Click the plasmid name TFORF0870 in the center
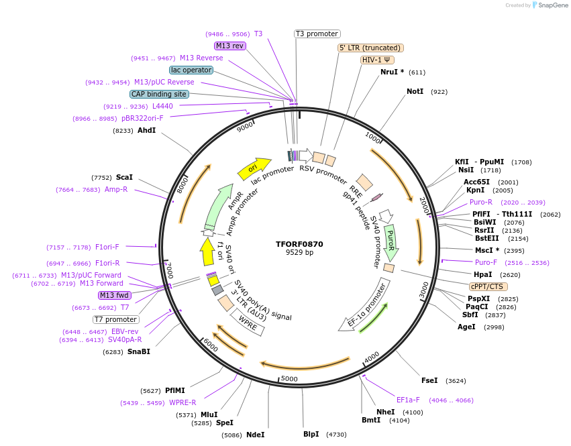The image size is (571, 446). tap(299, 244)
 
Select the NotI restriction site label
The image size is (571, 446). tap(415, 91)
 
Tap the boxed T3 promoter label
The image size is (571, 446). tap(317, 34)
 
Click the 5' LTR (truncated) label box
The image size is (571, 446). tap(370, 48)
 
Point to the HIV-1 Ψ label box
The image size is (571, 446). tap(377, 60)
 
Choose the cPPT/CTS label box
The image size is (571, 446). tap(487, 286)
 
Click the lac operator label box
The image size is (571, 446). tap(191, 70)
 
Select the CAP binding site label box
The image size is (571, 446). tap(159, 95)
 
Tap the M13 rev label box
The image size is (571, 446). tap(230, 46)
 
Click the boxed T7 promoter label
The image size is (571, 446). tap(116, 319)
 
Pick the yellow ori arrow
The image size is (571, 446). tap(254, 168)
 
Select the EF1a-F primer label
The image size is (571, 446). tap(408, 400)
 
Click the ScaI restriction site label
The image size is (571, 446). tap(124, 177)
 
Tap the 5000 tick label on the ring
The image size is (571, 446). tap(289, 379)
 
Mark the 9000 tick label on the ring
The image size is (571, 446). tap(245, 125)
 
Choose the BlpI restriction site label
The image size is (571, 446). tap(311, 435)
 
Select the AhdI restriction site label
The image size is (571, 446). tap(146, 130)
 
